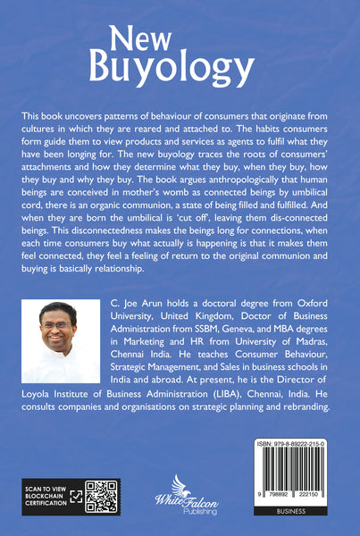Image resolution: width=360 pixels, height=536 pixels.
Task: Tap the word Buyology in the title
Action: coord(179,66)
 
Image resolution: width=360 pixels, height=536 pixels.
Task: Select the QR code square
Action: coord(102,498)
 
